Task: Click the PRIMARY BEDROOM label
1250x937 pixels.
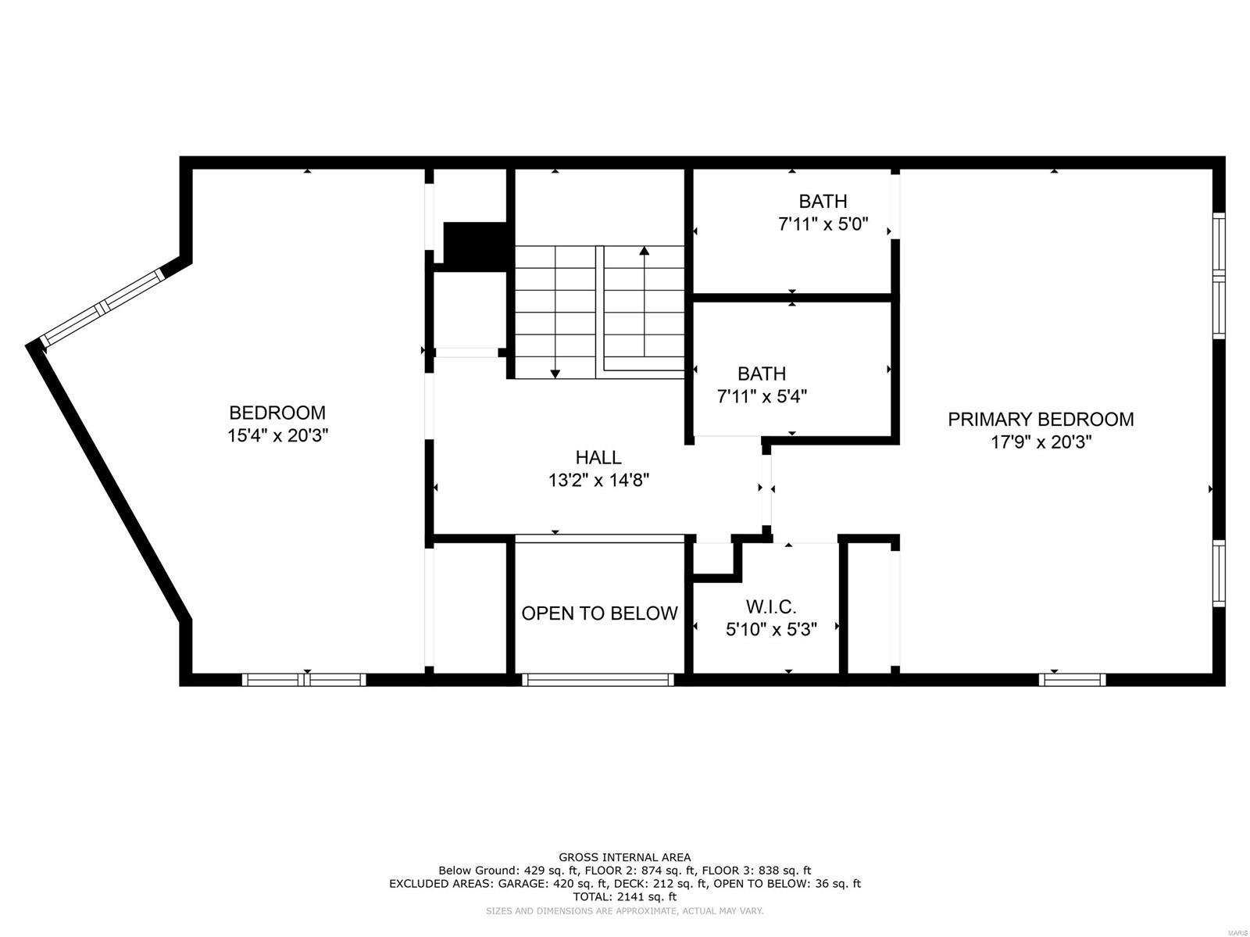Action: point(1041,420)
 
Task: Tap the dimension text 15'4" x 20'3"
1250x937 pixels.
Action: point(277,435)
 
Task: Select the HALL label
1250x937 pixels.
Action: point(598,457)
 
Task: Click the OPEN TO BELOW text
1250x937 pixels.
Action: point(599,613)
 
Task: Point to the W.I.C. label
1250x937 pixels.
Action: point(771,606)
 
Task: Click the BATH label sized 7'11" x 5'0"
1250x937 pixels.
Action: point(823,202)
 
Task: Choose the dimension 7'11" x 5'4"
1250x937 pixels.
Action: point(762,396)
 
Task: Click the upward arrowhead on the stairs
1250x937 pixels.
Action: point(644,252)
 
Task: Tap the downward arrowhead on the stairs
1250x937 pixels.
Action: point(555,373)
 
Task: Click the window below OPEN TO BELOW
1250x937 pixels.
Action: point(598,680)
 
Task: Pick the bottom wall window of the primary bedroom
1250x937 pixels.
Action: point(1072,680)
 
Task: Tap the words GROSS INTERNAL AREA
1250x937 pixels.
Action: point(624,857)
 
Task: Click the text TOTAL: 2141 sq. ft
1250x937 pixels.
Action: point(624,897)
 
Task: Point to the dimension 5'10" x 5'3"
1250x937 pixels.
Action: point(771,629)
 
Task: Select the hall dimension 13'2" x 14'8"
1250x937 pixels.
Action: point(598,480)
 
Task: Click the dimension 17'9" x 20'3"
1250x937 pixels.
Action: point(1041,442)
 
